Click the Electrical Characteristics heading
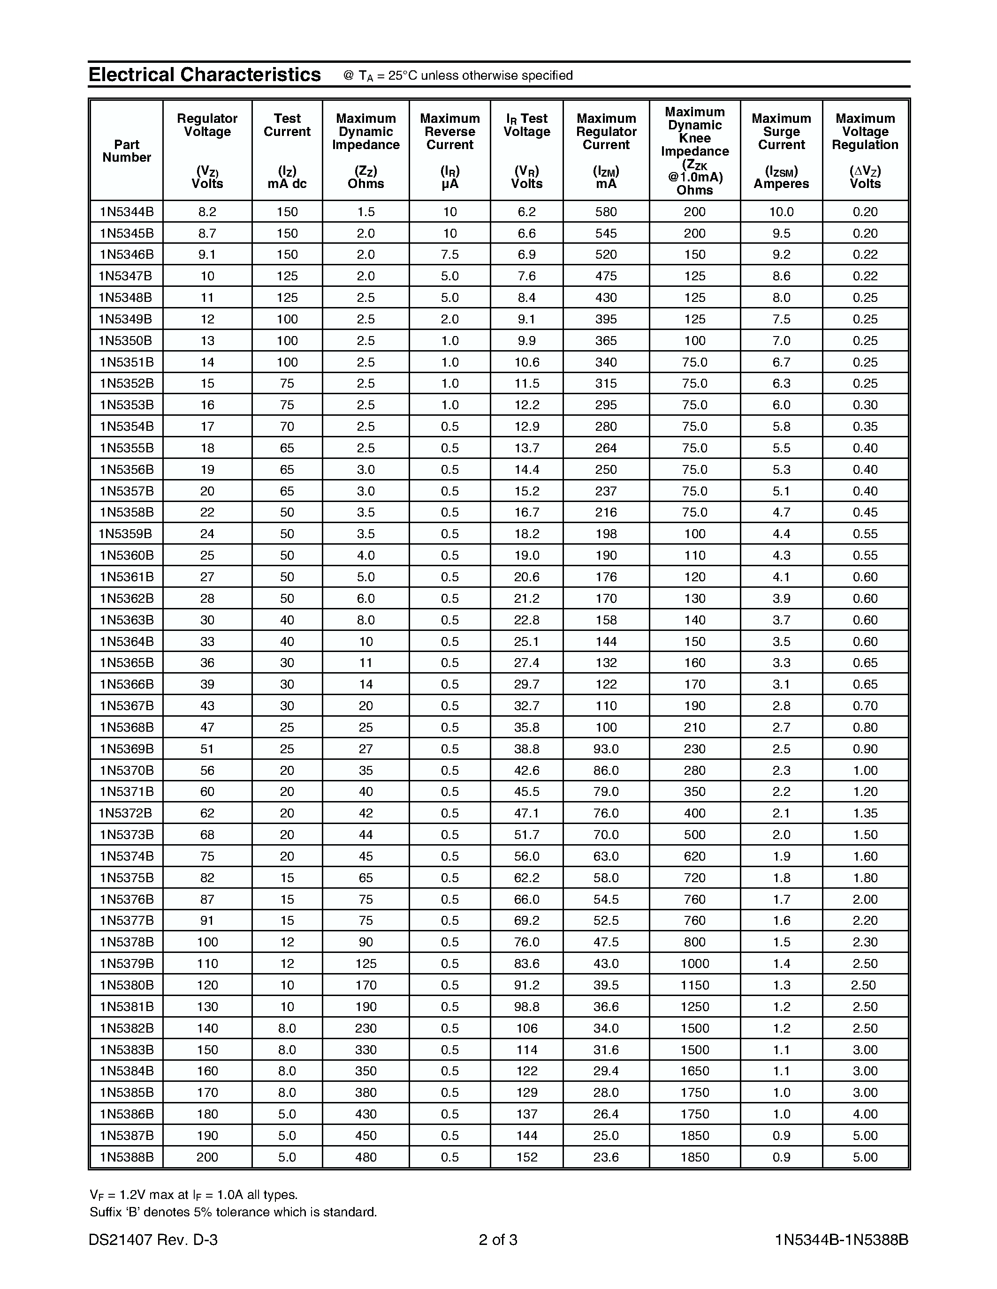coord(205,75)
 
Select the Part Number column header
coord(126,151)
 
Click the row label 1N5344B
coord(126,212)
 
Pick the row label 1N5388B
coord(126,1157)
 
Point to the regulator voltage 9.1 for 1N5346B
coord(207,255)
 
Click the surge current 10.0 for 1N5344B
coord(781,212)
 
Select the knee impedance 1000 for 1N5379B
coord(694,964)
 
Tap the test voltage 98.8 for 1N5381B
coord(526,1007)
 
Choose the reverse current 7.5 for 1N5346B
coord(449,255)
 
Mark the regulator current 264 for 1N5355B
coord(606,448)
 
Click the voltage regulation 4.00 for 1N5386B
coord(865,1114)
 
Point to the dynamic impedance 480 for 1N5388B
coord(365,1157)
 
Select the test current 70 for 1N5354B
coord(287,427)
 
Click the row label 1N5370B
coord(126,770)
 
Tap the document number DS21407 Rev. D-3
coord(153,1240)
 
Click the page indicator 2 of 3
coord(498,1240)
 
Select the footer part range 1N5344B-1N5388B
coord(842,1240)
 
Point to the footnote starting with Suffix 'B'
coord(233,1212)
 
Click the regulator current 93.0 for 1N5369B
coord(606,749)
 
